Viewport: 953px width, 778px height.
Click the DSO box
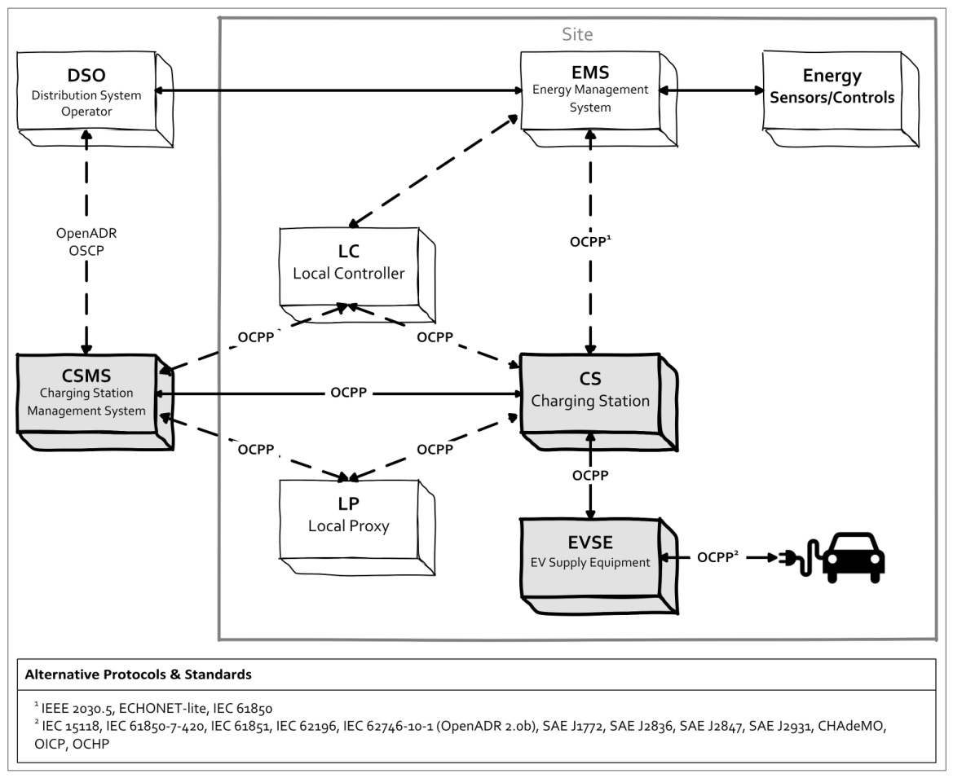point(95,99)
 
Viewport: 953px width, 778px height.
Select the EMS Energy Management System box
point(598,99)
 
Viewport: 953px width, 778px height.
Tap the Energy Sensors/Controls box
point(840,99)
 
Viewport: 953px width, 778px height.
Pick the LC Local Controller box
point(357,275)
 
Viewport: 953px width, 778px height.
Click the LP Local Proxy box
point(357,526)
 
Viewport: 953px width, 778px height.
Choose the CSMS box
point(95,402)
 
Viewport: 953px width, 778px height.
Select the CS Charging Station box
point(598,402)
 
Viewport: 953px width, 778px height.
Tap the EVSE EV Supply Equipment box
point(598,565)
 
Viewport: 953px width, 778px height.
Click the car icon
point(854,558)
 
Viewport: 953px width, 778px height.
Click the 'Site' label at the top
point(577,34)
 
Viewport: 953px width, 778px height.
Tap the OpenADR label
point(86,233)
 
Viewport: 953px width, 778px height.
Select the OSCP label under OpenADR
point(86,250)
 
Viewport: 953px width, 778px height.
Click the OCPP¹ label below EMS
point(590,241)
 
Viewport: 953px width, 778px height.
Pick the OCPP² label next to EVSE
point(717,556)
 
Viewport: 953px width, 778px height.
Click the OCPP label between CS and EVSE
point(590,475)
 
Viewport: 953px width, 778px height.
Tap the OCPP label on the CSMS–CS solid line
point(349,393)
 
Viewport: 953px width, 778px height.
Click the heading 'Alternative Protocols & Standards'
point(138,675)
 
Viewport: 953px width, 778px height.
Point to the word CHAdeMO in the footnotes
point(852,726)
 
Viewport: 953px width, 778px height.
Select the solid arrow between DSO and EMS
point(338,90)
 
